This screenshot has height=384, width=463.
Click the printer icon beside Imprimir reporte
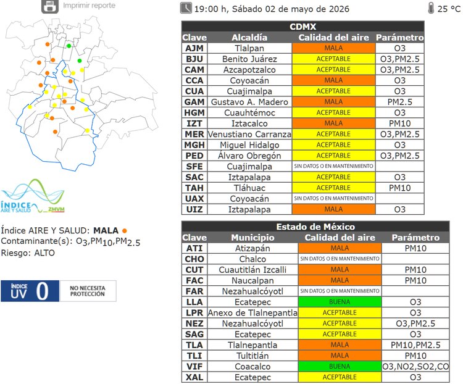pos(50,6)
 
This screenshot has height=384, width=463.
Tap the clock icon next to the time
pos(186,8)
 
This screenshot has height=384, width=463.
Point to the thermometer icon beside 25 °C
pos(431,8)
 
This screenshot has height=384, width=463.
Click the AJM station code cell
pos(194,48)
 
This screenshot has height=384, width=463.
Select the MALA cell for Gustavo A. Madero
pos(333,102)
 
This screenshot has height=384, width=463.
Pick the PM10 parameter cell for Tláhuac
pos(400,188)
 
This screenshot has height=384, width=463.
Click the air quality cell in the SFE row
pos(333,166)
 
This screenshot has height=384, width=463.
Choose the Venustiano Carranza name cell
pos(249,134)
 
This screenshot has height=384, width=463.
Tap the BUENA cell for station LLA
pos(340,302)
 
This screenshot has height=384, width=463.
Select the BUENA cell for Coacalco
pos(340,366)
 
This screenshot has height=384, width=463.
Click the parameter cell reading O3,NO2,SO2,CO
pos(415,366)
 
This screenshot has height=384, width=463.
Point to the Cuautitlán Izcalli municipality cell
pos(252,270)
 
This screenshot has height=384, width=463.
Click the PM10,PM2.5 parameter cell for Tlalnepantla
pos(415,345)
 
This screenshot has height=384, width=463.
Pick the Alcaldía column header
pos(249,38)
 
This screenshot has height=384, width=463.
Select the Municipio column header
pos(252,238)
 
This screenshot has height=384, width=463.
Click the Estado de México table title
pos(315,227)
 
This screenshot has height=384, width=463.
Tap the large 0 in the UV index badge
pos(42,291)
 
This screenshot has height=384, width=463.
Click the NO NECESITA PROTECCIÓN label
pos(88,291)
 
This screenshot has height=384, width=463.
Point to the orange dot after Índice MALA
pos(125,231)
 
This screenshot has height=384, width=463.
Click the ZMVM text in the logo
pos(56,209)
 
